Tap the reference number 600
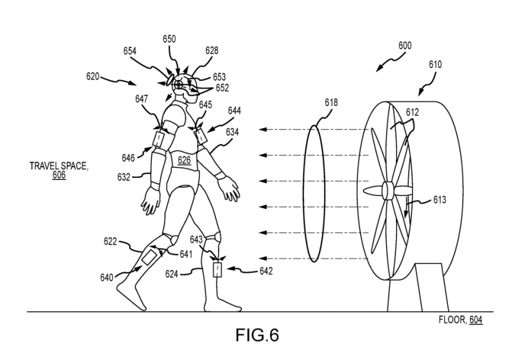405,46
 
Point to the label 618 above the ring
331,103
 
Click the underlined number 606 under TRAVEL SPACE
59,176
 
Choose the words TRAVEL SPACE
59,166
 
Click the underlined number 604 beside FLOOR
475,320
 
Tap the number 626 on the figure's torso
184,160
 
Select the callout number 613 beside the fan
439,199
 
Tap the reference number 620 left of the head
93,77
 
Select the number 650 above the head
169,39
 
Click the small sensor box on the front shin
217,270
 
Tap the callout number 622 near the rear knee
112,241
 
